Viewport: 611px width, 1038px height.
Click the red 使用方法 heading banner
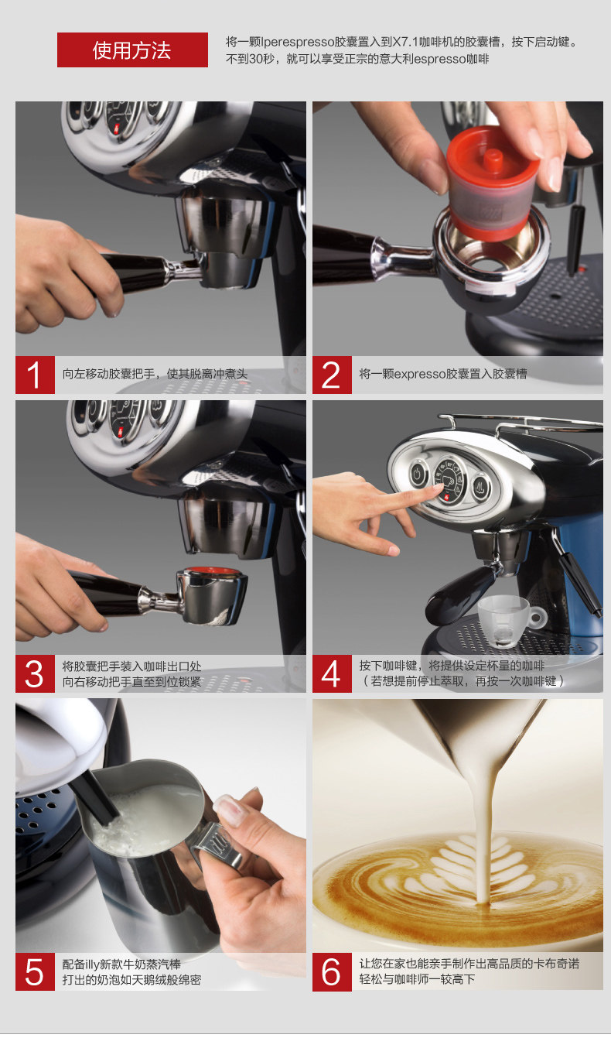[132, 50]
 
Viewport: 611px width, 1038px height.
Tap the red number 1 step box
[35, 375]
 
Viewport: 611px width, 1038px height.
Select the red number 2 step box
[332, 375]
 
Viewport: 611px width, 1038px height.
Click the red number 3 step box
[35, 673]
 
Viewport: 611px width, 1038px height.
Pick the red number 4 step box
[332, 673]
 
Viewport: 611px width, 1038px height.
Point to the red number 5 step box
[35, 971]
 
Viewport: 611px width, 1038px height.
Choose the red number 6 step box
[332, 971]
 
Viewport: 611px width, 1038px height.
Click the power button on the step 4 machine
[418, 475]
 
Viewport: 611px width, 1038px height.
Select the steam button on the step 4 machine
[481, 487]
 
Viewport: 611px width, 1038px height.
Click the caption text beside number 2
[443, 374]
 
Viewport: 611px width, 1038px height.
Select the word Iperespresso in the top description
[298, 42]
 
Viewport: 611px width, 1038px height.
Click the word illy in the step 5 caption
[91, 964]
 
